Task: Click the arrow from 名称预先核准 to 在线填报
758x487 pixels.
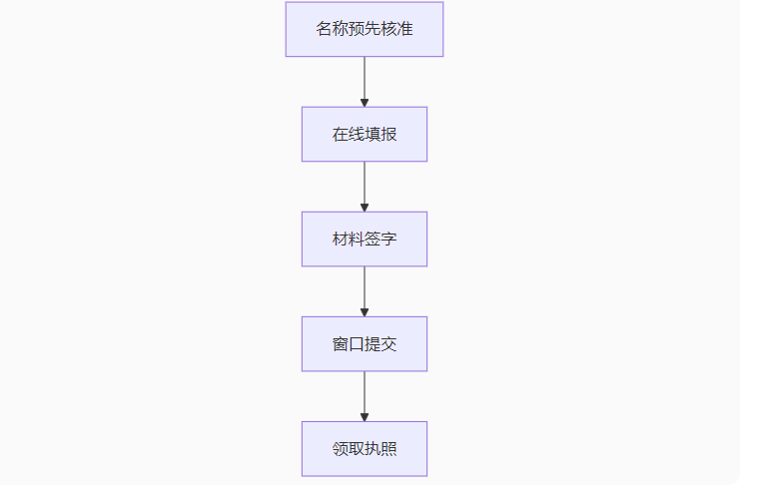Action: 364,82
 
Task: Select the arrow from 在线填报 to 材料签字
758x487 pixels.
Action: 364,187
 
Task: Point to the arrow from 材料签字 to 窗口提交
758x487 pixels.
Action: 364,291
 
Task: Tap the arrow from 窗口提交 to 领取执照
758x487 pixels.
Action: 364,396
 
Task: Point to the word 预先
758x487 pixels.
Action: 364,29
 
